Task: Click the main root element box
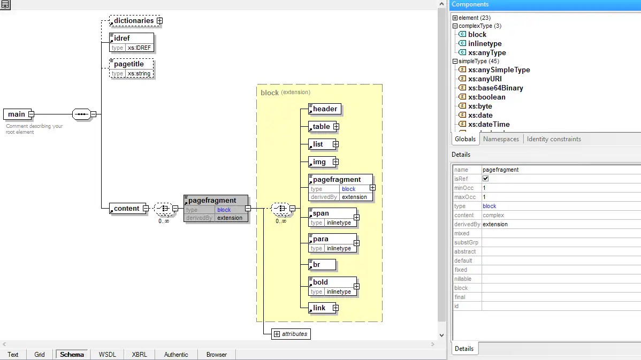16,114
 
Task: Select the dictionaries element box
133,21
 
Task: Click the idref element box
131,38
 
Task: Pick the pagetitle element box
131,64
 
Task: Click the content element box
127,209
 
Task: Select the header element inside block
325,109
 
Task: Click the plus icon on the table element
336,127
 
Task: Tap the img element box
320,162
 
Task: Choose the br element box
322,265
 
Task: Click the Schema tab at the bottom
72,354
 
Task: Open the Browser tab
217,354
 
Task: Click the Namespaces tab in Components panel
501,139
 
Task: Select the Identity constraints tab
553,139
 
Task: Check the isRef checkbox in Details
486,179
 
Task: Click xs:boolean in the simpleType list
486,97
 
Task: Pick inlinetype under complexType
485,44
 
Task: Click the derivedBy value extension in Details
495,224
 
